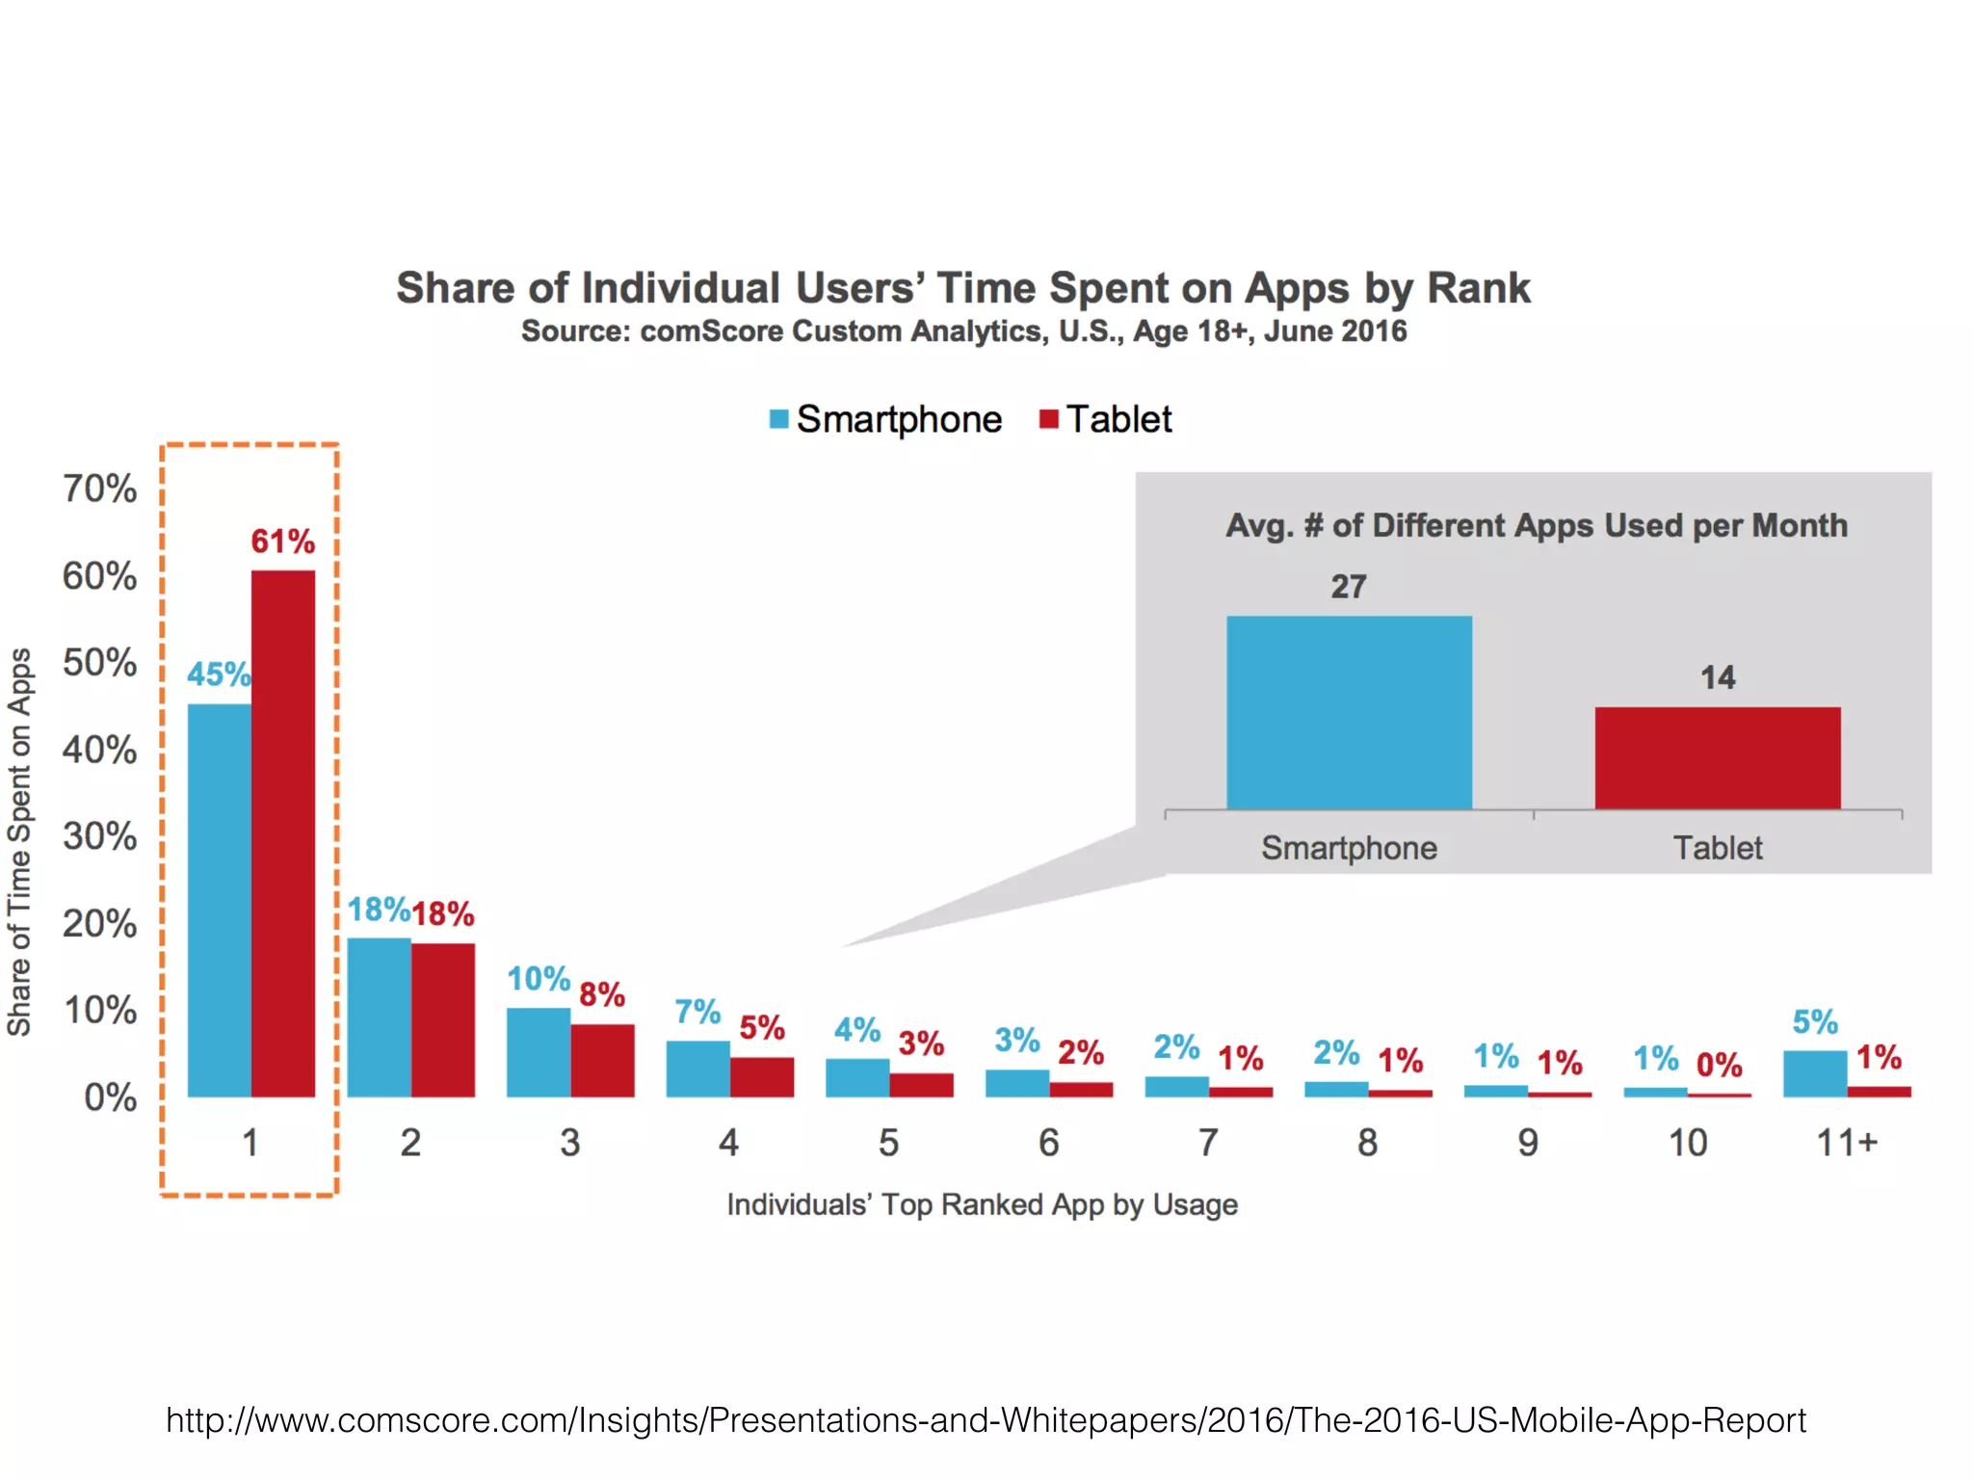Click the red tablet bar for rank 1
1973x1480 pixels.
283,833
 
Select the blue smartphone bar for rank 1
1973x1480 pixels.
219,900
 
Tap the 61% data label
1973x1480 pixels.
282,542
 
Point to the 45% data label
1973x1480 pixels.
218,674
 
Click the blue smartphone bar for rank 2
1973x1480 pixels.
379,1017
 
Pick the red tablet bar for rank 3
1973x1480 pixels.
602,1060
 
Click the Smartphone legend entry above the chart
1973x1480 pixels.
886,419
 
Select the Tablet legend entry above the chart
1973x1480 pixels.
1108,419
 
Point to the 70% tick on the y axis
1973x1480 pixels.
100,489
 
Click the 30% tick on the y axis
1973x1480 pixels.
100,836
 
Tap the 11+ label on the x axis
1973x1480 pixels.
1847,1143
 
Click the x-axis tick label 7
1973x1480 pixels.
1208,1143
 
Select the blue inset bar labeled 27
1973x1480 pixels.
1349,713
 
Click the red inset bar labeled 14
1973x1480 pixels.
1718,758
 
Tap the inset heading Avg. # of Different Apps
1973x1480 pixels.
1536,526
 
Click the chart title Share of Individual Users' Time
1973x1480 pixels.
963,288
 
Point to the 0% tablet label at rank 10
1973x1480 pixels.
1719,1065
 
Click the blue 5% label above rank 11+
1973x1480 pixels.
1815,1022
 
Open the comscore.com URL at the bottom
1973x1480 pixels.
986,1420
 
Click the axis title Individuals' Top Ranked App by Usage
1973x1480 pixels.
982,1204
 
